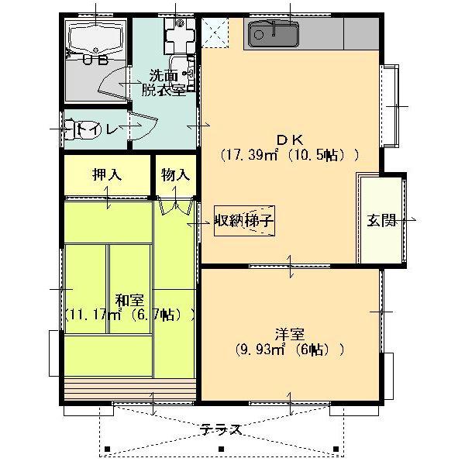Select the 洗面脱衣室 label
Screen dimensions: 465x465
(164, 82)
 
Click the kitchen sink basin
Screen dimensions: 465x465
(274, 33)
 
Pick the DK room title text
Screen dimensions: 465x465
(289, 139)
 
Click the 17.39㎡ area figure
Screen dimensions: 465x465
(250, 154)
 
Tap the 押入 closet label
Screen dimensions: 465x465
(106, 175)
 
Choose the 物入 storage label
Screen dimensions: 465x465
(175, 175)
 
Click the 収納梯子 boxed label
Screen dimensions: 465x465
(245, 221)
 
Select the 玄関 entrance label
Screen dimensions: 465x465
(381, 221)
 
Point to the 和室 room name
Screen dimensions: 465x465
(129, 300)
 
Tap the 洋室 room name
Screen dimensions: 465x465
(289, 334)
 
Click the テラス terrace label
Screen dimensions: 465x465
(221, 429)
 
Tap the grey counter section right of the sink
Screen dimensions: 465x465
(360, 33)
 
